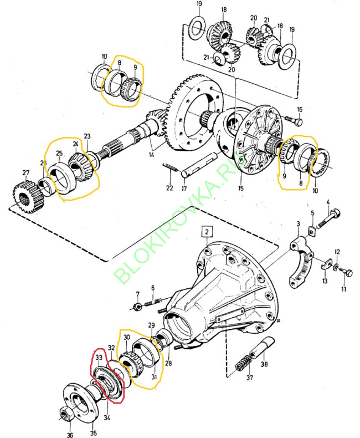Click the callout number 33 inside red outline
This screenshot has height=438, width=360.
99,358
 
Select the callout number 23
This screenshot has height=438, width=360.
87,136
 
